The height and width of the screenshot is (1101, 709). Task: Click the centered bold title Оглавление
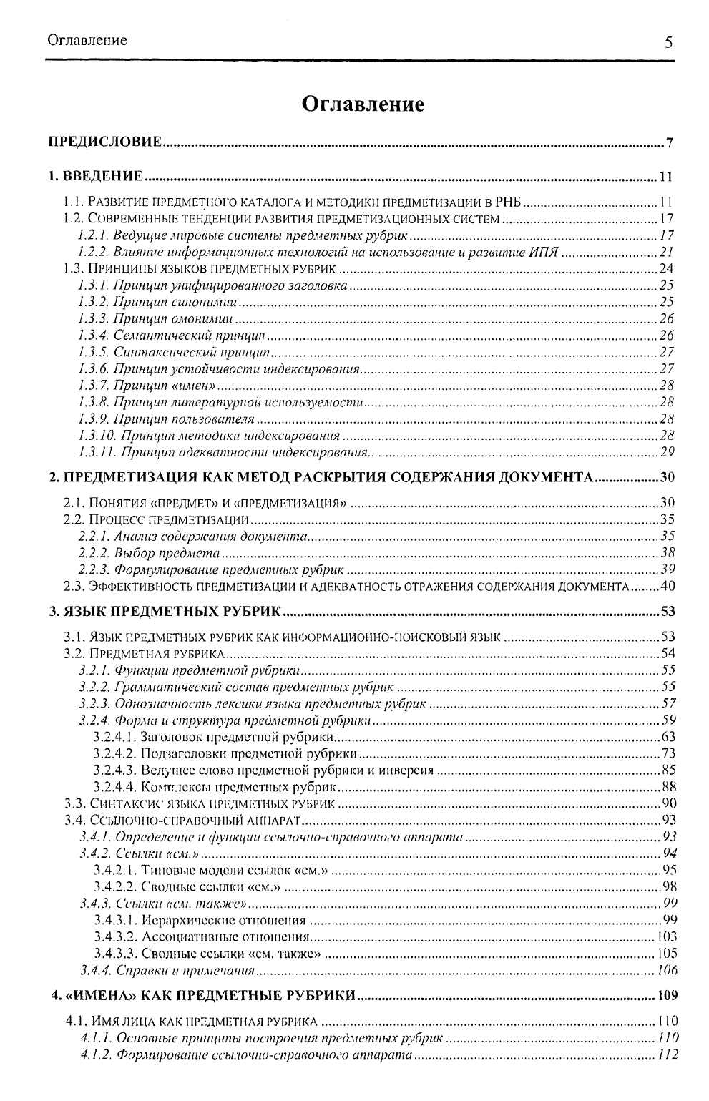(x=363, y=104)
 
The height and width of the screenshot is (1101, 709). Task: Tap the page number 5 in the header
(x=668, y=41)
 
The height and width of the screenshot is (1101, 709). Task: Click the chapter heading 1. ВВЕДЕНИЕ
(x=96, y=176)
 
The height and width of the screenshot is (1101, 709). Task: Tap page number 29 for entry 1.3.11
(x=667, y=452)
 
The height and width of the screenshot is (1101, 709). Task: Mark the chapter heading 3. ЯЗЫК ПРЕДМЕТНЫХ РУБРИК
(x=167, y=612)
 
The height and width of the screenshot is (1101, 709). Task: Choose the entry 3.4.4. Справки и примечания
(x=167, y=971)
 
